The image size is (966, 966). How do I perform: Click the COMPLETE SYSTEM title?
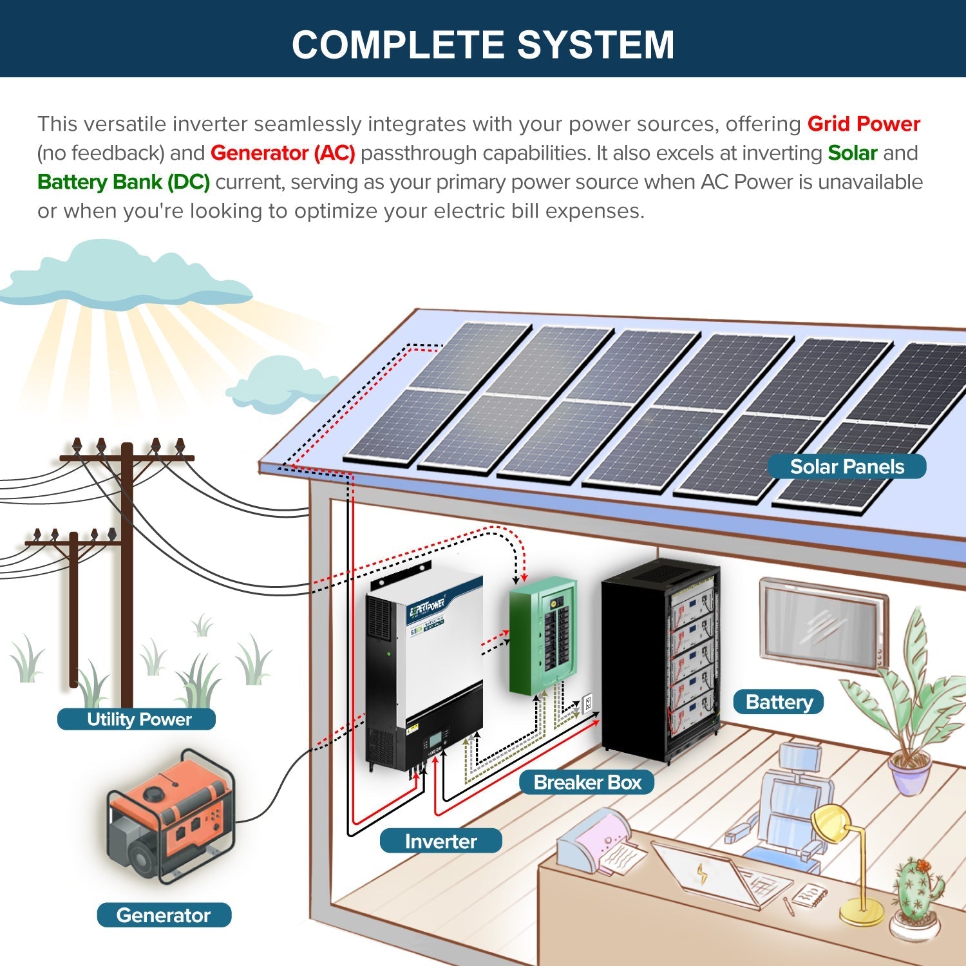click(483, 44)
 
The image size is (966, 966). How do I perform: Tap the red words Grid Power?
click(863, 124)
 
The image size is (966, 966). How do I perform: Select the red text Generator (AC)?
click(283, 153)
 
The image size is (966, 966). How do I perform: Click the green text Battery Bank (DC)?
click(124, 182)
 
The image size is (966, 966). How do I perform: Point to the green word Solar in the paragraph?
click(852, 153)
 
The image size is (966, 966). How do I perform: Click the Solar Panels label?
click(846, 467)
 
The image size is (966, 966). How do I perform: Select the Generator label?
click(164, 915)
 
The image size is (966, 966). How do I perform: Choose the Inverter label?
click(440, 841)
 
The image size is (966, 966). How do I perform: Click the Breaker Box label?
click(587, 782)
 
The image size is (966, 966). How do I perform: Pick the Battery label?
click(779, 702)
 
